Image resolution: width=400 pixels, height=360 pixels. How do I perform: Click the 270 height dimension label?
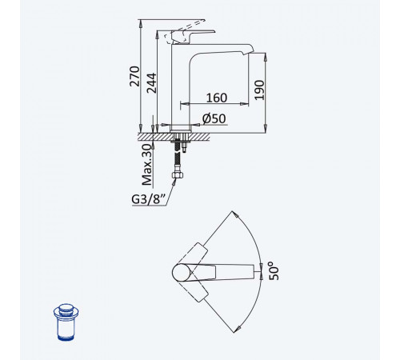point(134,76)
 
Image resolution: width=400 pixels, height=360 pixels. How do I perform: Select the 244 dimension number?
point(152,83)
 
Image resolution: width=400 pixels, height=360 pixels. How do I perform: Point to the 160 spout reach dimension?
point(217,98)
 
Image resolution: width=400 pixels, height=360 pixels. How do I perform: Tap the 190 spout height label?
point(259,90)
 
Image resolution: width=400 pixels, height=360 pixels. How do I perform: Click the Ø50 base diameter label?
point(214,118)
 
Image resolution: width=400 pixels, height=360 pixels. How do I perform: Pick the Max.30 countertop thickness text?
point(147,165)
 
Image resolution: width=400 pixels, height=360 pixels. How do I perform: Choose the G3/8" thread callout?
point(149,199)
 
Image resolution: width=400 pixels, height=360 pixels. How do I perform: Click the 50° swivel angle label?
point(274,271)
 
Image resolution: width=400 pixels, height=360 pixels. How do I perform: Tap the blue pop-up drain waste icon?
point(66,322)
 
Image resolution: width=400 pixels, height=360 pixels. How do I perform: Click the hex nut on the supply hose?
point(178,175)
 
